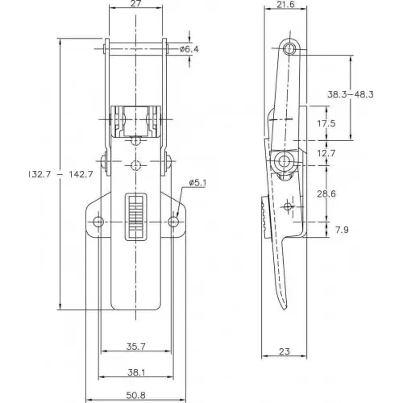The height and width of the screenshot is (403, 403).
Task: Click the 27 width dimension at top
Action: point(136,3)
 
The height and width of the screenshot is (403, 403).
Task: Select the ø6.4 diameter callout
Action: point(189,49)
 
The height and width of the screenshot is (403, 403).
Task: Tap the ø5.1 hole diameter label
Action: point(197,183)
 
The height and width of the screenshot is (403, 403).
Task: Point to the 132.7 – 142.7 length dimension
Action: point(60,174)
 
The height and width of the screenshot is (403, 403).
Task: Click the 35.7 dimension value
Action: point(136,347)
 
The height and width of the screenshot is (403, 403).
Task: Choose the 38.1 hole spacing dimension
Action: point(136,372)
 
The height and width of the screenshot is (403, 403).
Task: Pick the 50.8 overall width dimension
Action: point(136,395)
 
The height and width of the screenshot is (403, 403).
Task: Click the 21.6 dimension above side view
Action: point(285,4)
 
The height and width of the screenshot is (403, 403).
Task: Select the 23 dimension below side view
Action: point(285,351)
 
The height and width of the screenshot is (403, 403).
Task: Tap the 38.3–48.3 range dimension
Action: point(351,94)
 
